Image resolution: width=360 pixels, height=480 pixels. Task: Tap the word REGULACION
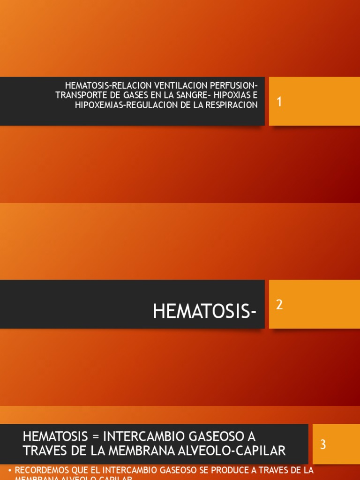click(x=145, y=105)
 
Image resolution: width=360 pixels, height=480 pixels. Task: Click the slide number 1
click(x=279, y=101)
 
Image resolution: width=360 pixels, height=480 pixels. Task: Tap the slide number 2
click(x=279, y=305)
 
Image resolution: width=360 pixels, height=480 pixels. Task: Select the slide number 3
click(x=323, y=444)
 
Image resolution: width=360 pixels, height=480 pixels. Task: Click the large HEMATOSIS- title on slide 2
click(x=204, y=311)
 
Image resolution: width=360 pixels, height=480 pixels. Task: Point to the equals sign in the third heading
click(x=96, y=436)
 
